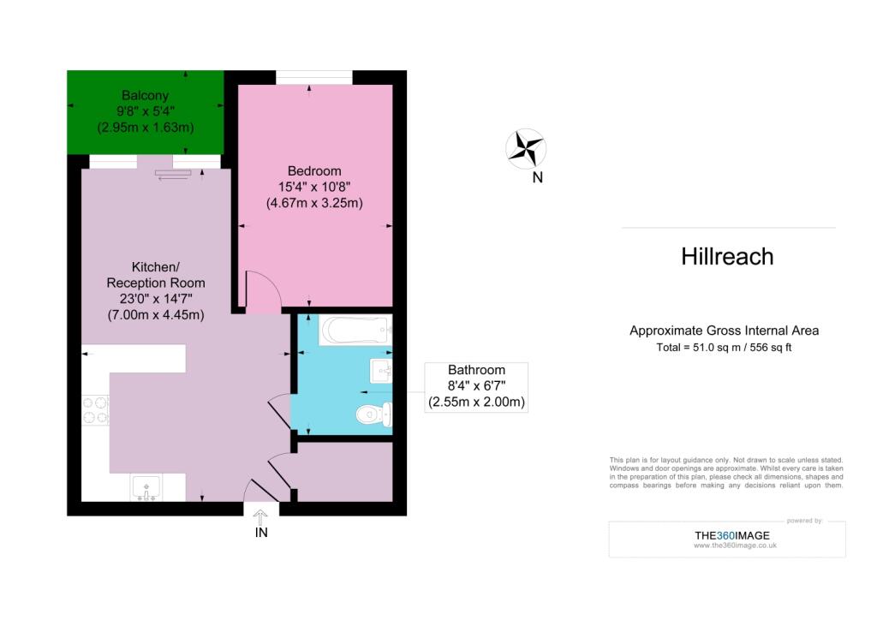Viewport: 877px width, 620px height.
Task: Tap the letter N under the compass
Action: click(538, 178)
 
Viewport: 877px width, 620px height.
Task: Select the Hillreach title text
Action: click(727, 256)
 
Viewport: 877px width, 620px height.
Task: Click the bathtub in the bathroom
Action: click(355, 330)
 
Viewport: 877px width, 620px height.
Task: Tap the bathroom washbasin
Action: click(381, 371)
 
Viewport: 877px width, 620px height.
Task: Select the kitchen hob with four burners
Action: click(95, 409)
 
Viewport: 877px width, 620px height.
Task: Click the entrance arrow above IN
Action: click(261, 515)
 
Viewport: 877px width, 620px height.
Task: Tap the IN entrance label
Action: click(261, 533)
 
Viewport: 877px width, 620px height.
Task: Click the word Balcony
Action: click(145, 95)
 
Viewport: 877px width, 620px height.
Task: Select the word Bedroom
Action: click(314, 170)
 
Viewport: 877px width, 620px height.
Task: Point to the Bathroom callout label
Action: click(477, 386)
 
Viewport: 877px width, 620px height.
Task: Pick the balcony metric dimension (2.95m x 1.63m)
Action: click(145, 128)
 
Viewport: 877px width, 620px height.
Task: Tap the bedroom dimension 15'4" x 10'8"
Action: click(314, 187)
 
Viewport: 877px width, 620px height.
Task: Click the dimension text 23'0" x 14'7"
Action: click(156, 299)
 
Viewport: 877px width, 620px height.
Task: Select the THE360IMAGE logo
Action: click(731, 536)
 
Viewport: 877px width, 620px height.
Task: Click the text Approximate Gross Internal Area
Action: click(725, 331)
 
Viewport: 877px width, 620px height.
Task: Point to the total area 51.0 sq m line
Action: click(725, 347)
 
